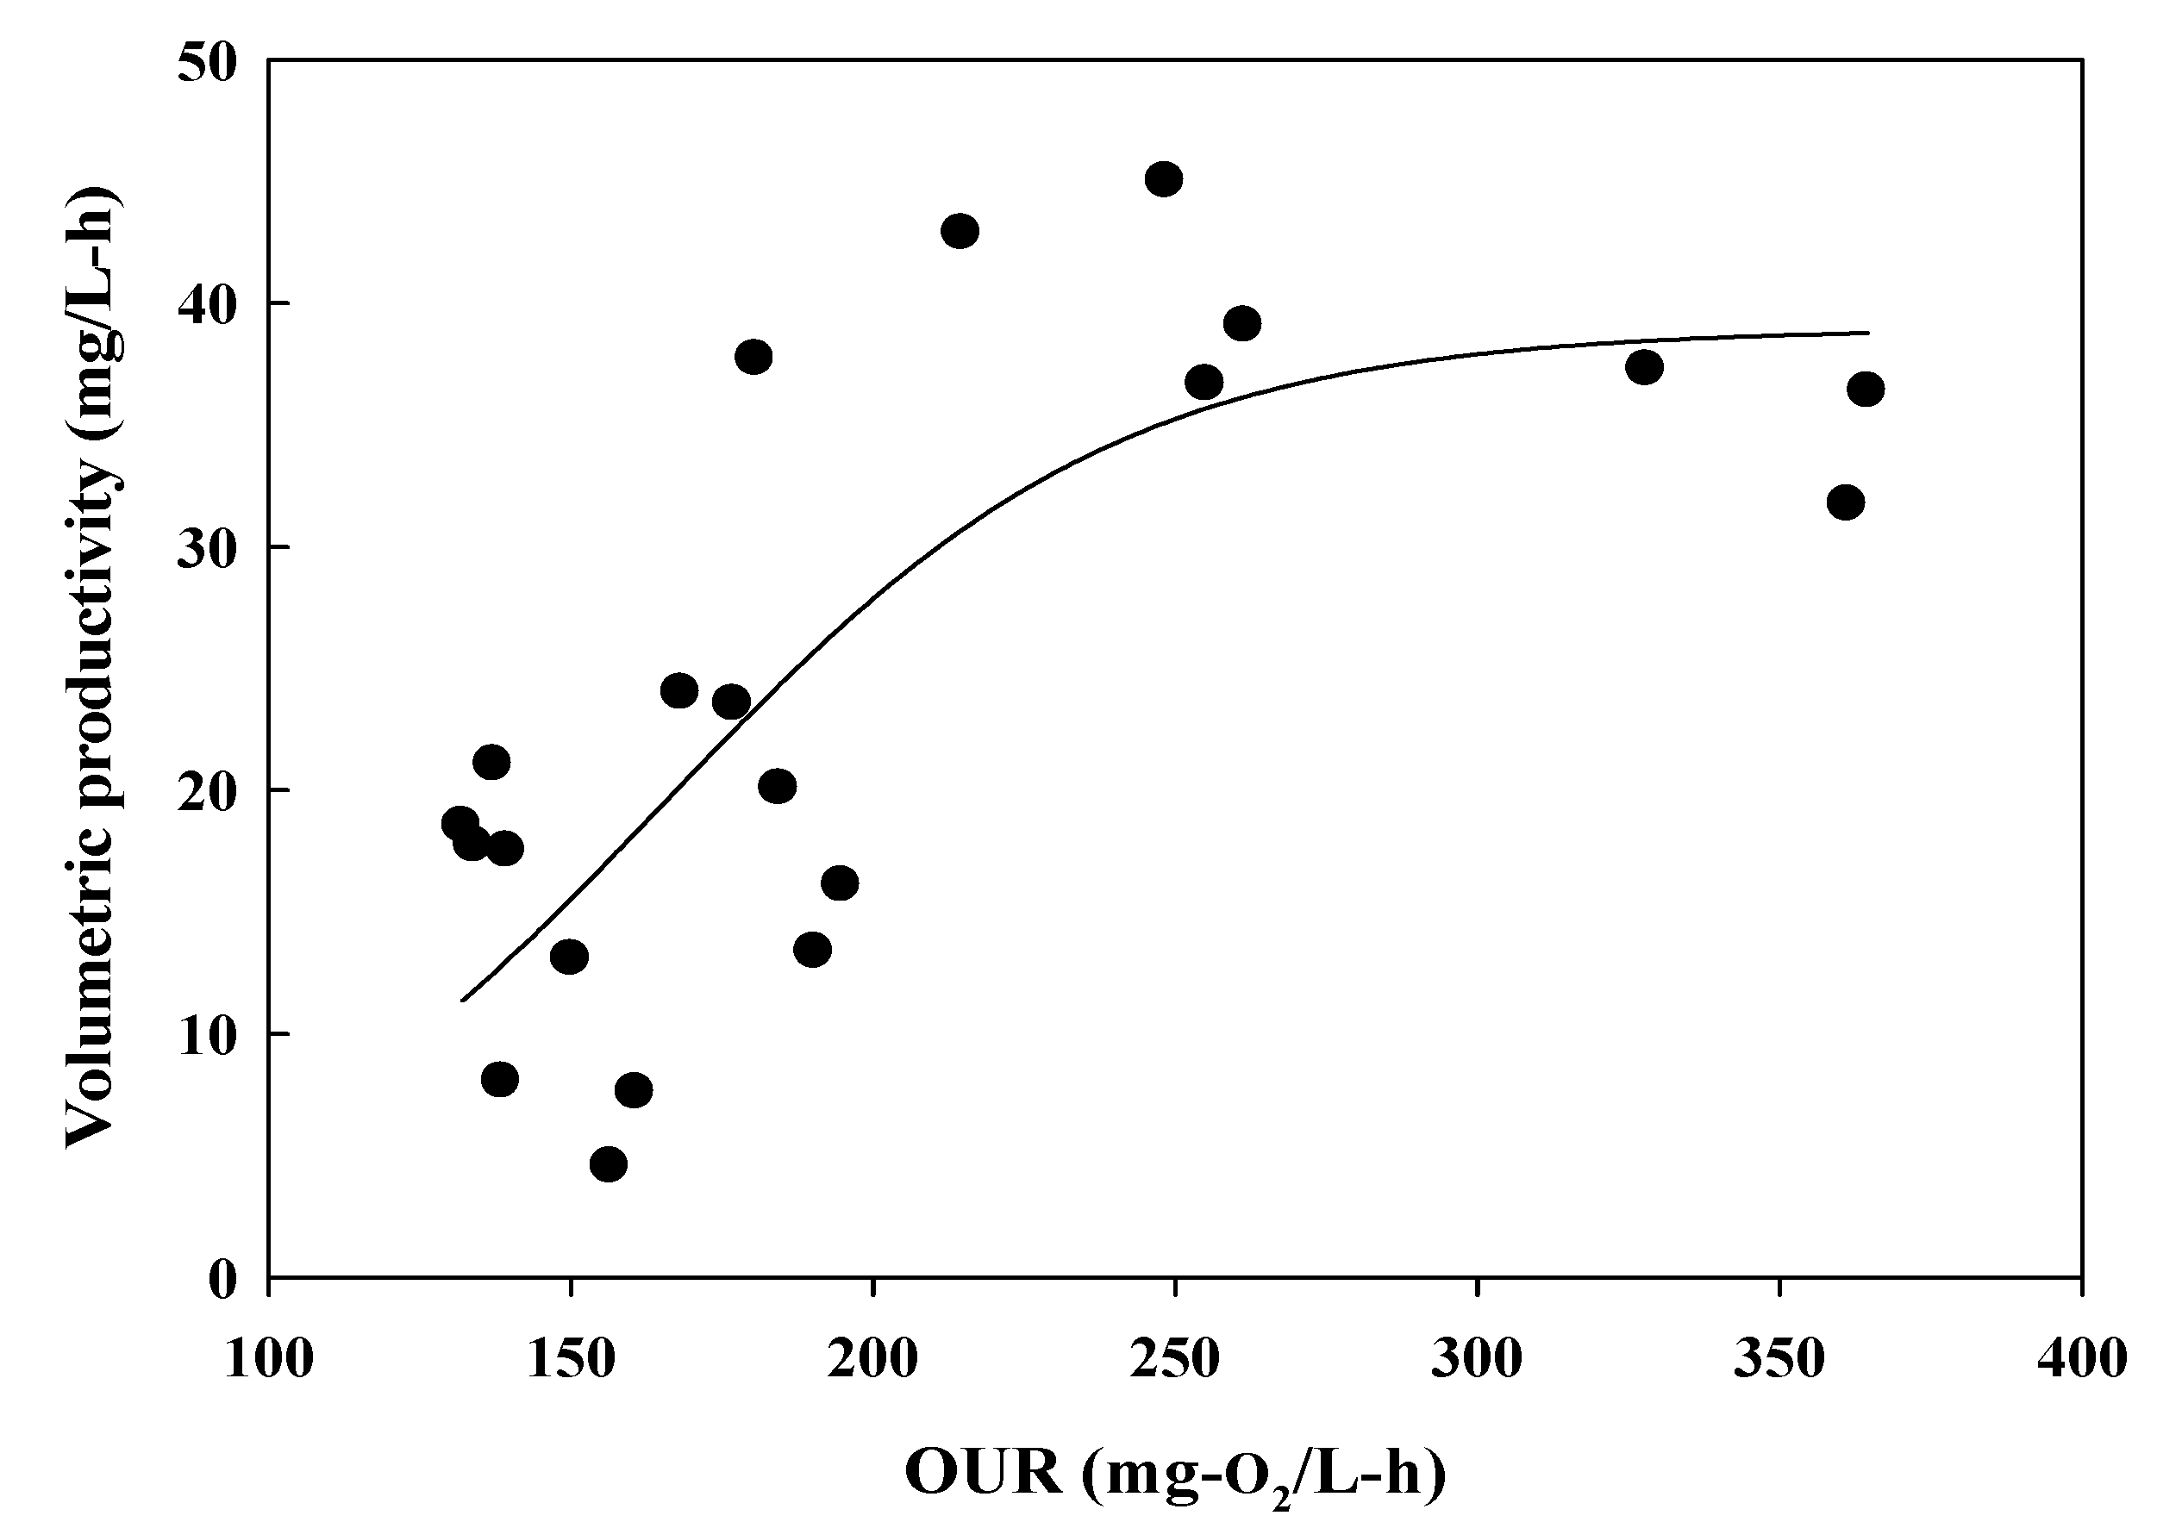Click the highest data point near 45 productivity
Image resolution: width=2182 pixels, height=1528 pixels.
click(1163, 178)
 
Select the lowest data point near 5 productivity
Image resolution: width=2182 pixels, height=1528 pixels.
click(609, 1164)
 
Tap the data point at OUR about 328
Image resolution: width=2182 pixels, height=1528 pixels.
click(1644, 367)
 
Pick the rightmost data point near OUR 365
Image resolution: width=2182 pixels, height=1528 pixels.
click(1866, 390)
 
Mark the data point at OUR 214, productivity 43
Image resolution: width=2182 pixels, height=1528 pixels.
click(960, 231)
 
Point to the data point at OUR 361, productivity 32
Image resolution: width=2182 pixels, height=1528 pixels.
click(1846, 502)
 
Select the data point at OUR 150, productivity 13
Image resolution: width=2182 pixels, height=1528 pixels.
click(569, 956)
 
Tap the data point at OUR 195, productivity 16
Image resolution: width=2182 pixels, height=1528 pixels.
click(839, 882)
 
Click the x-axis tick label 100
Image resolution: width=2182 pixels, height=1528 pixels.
click(269, 1359)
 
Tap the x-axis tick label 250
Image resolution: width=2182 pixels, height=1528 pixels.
click(1176, 1359)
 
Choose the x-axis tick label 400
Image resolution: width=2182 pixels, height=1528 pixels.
click(2081, 1359)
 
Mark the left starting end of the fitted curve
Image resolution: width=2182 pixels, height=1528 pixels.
click(462, 1000)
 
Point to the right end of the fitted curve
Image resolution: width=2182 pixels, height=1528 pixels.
click(1868, 333)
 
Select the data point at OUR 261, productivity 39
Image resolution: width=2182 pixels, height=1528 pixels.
click(1242, 324)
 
